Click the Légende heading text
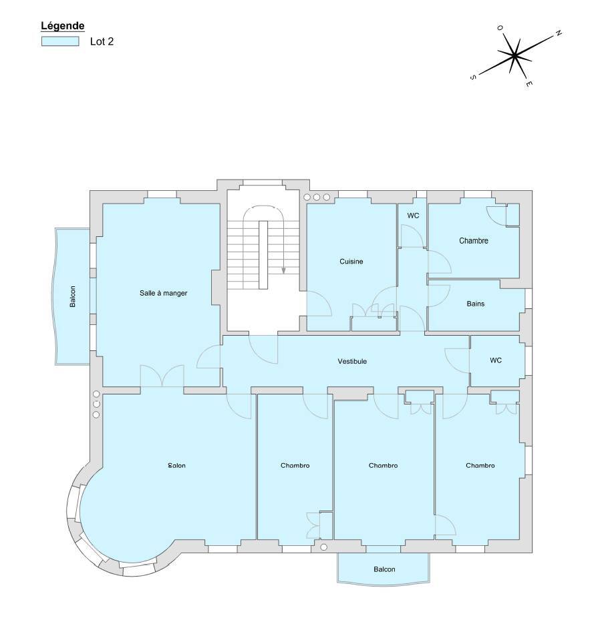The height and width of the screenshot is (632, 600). point(63,26)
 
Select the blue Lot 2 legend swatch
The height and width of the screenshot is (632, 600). point(60,41)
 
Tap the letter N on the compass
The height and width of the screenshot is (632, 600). point(559,33)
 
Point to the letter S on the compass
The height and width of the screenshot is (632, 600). point(473,77)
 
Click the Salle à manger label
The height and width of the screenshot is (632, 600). point(164,293)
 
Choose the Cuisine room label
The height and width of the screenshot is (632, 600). point(351,262)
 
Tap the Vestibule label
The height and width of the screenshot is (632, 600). point(352,361)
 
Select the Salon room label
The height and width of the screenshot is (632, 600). point(177,466)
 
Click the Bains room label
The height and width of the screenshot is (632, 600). point(475,304)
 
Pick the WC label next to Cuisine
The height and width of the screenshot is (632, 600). point(413,216)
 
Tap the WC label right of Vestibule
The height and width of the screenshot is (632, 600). point(496,360)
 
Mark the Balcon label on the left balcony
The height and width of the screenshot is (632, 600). point(73,297)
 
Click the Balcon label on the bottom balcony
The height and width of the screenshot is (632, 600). point(384,569)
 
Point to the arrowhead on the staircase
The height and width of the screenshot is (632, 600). point(284,270)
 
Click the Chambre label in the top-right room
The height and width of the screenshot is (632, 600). point(474,241)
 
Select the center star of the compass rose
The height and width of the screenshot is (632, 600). point(514,56)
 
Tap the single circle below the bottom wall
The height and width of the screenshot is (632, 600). point(323,547)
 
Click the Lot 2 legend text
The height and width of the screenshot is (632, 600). point(102,41)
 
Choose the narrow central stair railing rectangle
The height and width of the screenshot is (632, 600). point(263,255)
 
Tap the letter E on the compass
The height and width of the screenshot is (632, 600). point(529,83)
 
